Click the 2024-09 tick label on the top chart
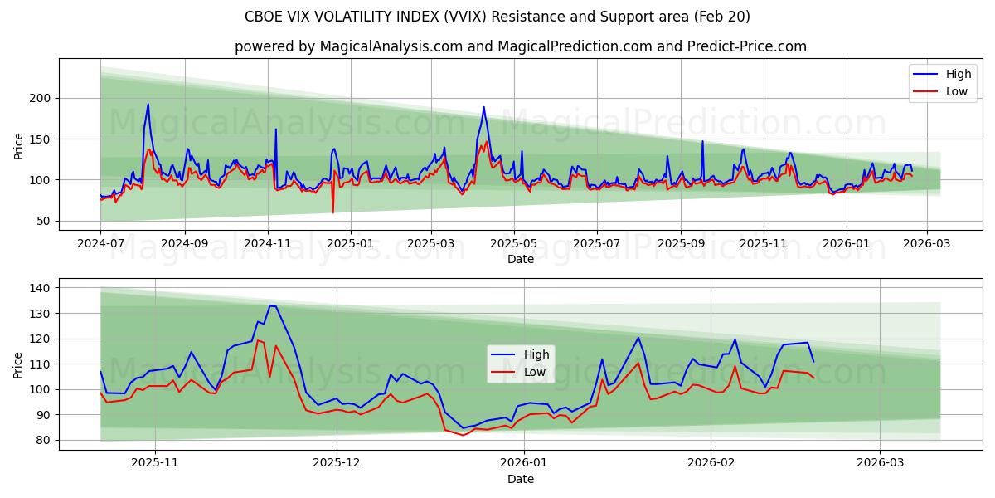click(x=184, y=243)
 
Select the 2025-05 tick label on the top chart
click(x=514, y=243)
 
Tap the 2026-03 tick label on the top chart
click(x=927, y=243)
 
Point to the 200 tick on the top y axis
click(x=41, y=98)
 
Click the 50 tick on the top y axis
click(x=44, y=221)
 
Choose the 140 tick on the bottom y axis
click(x=41, y=288)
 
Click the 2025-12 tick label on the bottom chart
click(x=337, y=462)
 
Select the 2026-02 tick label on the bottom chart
click(x=712, y=462)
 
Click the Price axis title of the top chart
click(x=19, y=144)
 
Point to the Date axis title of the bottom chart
click(x=520, y=479)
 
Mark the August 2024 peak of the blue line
click(x=148, y=105)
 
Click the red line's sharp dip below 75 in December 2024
click(x=333, y=212)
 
